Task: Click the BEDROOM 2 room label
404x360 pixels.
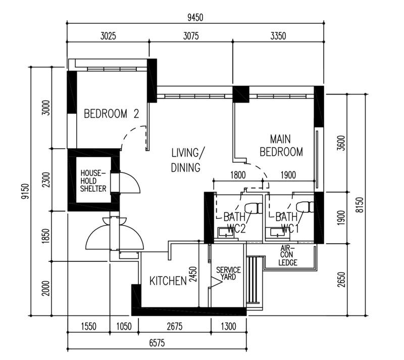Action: point(111,114)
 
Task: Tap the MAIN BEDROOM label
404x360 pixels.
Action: point(286,145)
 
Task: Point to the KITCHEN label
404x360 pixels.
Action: point(168,281)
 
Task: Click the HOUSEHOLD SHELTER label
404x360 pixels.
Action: point(93,181)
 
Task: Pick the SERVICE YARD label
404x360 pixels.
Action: point(228,274)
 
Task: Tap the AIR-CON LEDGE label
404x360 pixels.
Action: point(288,255)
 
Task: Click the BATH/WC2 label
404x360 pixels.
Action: point(234,223)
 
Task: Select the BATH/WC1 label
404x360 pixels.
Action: point(287,223)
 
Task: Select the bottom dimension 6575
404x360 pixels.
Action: point(158,343)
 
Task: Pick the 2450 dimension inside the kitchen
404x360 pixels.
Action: point(192,276)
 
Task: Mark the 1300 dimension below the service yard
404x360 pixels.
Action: point(228,327)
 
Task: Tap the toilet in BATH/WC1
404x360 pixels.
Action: point(305,207)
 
